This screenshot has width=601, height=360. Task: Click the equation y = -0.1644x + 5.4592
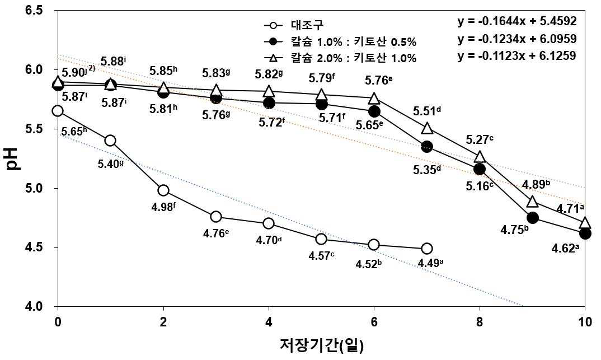[517, 21]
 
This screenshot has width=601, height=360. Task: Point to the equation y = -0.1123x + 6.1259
[517, 56]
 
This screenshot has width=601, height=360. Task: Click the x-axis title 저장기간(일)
[322, 344]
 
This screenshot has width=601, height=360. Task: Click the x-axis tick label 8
[480, 322]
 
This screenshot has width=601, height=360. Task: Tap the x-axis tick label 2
[163, 322]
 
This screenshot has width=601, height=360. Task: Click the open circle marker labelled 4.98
[163, 190]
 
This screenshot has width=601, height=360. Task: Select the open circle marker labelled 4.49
[426, 249]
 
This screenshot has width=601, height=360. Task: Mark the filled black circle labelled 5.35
[426, 147]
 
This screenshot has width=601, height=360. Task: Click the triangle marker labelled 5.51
[427, 128]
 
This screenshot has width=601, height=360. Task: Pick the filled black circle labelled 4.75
[532, 218]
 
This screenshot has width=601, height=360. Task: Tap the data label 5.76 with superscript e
[379, 81]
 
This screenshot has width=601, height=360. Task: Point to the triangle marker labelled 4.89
[532, 202]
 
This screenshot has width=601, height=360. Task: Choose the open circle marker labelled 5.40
[110, 141]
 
